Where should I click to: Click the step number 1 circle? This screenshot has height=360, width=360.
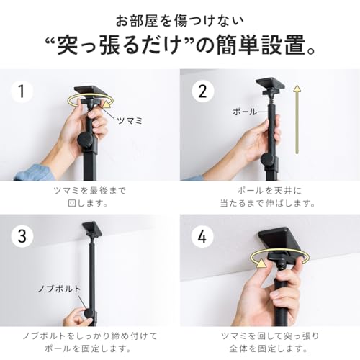tap(22, 91)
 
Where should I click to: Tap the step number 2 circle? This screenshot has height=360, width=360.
tap(202, 91)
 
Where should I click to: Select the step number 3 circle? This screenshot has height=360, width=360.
tap(22, 235)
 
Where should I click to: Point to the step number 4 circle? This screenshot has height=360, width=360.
tap(202, 235)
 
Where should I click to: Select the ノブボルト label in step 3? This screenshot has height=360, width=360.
tap(57, 289)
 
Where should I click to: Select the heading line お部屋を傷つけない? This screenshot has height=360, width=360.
tap(179, 19)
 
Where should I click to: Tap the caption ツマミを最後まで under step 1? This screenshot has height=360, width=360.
tap(90, 192)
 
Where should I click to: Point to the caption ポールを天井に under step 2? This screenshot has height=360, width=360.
tap(270, 192)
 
